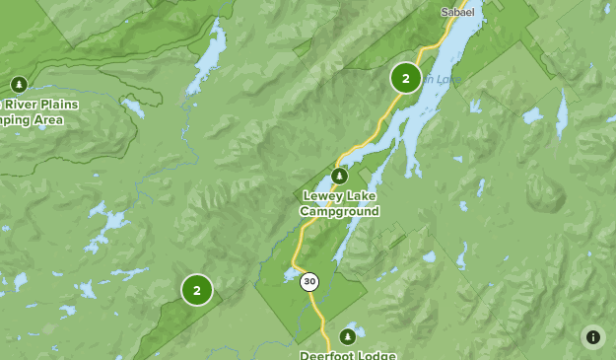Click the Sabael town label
point(456,12)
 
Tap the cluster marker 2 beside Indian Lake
point(405,78)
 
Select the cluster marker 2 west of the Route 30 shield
point(197,290)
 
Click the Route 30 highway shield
point(309,282)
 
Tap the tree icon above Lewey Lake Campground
point(339,177)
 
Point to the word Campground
point(340,211)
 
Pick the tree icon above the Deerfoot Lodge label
point(347,336)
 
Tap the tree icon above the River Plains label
point(18,85)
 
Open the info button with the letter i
point(592,336)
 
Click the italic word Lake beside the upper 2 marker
point(446,79)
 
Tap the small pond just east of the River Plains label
point(133,107)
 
